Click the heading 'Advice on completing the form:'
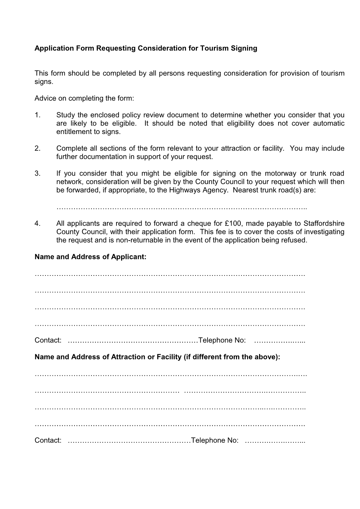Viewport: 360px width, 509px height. click(84, 98)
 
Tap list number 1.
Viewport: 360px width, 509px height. click(37, 115)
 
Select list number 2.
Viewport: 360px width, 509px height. click(37, 149)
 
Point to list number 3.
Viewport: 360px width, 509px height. click(37, 174)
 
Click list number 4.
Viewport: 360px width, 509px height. click(37, 224)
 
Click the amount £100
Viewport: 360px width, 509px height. click(233, 224)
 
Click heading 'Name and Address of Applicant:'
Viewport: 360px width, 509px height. click(90, 257)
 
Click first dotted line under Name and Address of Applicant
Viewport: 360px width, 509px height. click(170, 274)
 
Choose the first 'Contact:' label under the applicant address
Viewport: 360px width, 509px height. click(48, 340)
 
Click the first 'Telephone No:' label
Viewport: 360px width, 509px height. click(222, 340)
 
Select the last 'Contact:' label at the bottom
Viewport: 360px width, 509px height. click(48, 441)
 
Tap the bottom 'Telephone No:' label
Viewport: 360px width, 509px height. click(215, 441)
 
